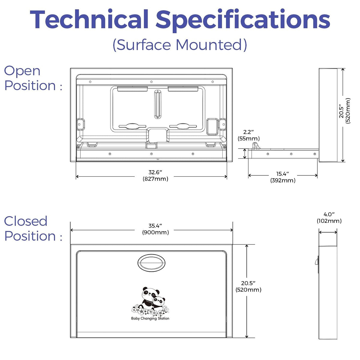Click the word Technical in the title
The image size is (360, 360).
[89, 19]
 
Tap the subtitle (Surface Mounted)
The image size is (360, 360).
[180, 45]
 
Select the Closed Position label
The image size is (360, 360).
[33, 229]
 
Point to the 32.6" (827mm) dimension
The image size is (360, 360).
[155, 175]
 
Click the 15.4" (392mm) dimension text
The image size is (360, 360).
[283, 177]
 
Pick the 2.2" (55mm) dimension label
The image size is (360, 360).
[249, 135]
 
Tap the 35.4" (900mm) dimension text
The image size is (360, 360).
[155, 229]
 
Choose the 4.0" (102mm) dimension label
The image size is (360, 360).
[329, 217]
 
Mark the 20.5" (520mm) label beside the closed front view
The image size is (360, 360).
[248, 286]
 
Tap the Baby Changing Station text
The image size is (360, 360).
[150, 318]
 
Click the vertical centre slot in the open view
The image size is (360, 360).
[158, 104]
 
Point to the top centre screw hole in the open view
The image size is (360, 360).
[151, 82]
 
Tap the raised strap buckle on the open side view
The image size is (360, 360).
[256, 146]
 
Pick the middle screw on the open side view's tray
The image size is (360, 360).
[291, 154]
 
